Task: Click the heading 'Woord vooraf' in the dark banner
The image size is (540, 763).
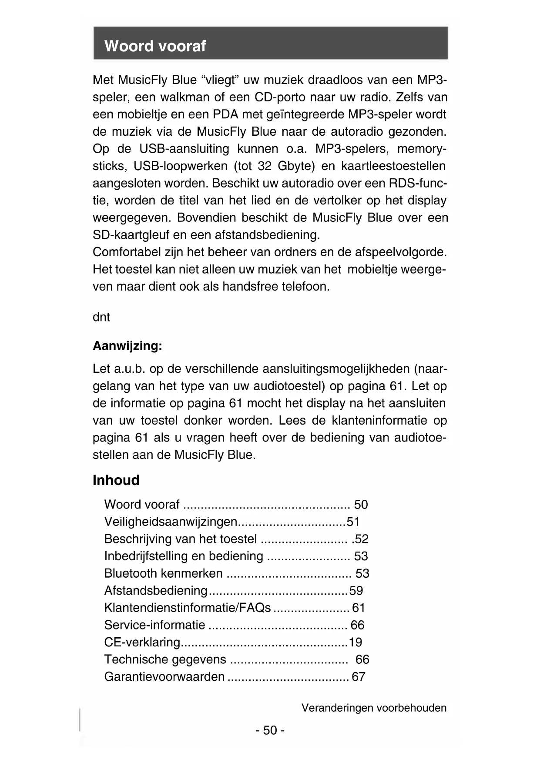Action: click(155, 46)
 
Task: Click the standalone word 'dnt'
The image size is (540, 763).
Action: click(101, 317)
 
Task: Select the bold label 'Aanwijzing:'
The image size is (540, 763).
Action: click(127, 346)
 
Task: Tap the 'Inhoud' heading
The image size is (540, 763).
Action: click(116, 480)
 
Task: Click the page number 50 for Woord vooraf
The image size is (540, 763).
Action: click(361, 505)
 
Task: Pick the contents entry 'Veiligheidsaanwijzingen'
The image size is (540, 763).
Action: click(171, 522)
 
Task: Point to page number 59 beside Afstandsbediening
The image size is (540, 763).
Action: click(356, 590)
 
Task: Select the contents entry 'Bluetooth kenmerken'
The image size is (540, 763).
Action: click(164, 573)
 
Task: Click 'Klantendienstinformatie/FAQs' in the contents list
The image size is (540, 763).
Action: click(188, 608)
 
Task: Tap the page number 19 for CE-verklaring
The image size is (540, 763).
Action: click(355, 642)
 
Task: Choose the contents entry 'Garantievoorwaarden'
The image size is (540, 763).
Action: click(164, 676)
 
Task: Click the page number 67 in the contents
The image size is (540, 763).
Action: click(359, 676)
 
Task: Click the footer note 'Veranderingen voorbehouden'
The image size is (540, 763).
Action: click(374, 708)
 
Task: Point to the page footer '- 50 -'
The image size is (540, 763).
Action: click(270, 730)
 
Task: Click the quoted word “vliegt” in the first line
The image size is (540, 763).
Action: click(220, 80)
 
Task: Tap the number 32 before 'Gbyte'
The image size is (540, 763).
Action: click(265, 166)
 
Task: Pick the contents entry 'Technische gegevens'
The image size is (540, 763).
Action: click(165, 659)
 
